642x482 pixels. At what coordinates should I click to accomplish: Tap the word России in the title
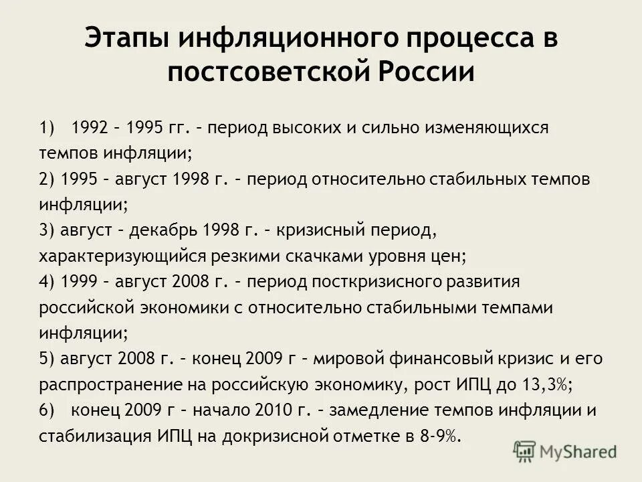pyautogui.click(x=429, y=71)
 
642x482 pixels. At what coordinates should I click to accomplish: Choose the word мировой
pyautogui.click(x=351, y=359)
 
